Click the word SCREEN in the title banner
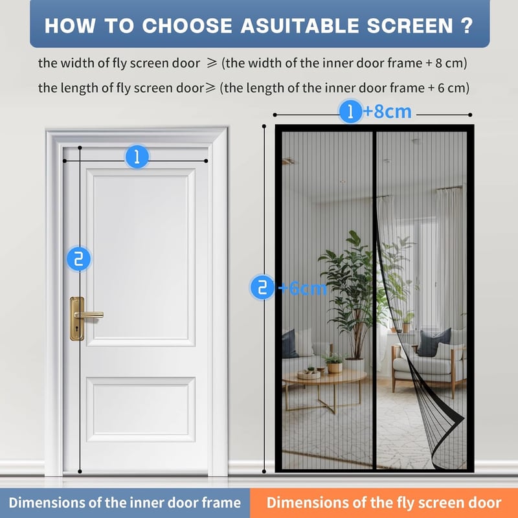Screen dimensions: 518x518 tap(410, 25)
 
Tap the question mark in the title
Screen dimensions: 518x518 tap(467, 25)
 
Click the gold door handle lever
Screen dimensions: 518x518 tap(89, 315)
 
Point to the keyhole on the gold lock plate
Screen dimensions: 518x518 tap(77, 329)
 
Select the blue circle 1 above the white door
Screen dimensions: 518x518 tap(137, 157)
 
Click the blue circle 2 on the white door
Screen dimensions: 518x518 tap(78, 258)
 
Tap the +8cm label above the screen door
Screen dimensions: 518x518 tap(387, 111)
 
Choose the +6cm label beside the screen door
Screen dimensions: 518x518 tap(302, 288)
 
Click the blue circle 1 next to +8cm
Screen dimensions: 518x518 tap(351, 111)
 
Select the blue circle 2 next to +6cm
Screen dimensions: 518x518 tap(262, 287)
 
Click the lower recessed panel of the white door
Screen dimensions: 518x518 tap(141, 410)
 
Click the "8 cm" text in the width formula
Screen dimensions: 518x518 tap(450, 63)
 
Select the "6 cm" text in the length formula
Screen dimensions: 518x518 tap(452, 88)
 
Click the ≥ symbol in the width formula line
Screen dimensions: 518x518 tap(212, 63)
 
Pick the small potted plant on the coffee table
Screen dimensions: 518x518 tap(333, 363)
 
